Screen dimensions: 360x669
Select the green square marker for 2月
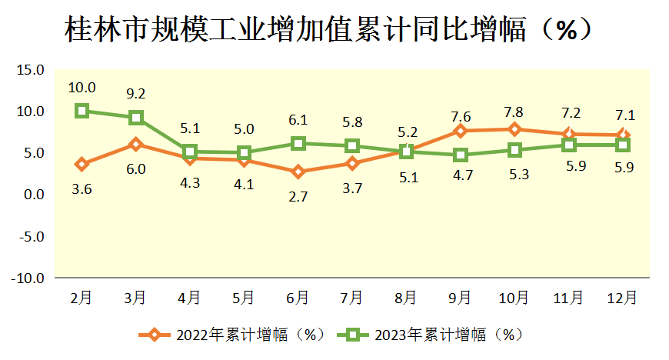(x=82, y=111)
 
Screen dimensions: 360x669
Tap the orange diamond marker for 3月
(x=136, y=144)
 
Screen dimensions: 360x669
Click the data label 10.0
(x=82, y=87)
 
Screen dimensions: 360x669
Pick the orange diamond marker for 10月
(x=514, y=129)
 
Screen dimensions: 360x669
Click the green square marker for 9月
(x=460, y=155)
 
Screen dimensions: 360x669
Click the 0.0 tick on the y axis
(x=33, y=195)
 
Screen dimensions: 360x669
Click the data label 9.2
(x=136, y=94)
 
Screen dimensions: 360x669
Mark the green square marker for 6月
(x=298, y=143)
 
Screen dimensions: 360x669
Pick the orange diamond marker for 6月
(x=298, y=172)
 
